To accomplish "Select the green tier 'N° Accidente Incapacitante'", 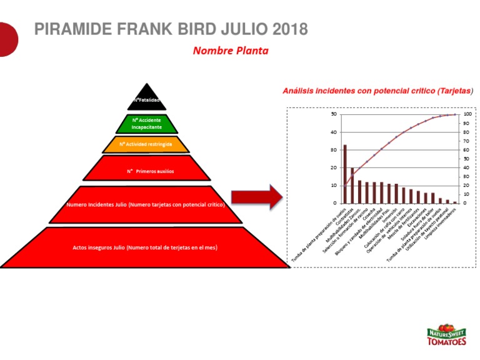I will pyautogui.click(x=146, y=122).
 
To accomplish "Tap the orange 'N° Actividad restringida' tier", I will pyautogui.click(x=146, y=144).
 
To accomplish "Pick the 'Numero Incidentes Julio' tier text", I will pyautogui.click(x=146, y=204).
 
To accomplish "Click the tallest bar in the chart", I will pyautogui.click(x=345, y=174).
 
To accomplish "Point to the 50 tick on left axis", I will pyautogui.click(x=334, y=114).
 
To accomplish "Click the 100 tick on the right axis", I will pyautogui.click(x=467, y=114).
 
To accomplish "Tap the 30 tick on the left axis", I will pyautogui.click(x=334, y=150).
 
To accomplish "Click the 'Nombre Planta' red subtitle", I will pyautogui.click(x=231, y=51).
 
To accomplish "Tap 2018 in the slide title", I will pyautogui.click(x=290, y=29).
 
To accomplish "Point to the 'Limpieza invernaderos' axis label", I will pyautogui.click(x=441, y=223).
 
